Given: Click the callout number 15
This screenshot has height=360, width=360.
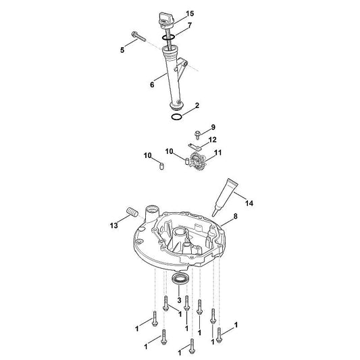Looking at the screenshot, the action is pyautogui.click(x=190, y=14).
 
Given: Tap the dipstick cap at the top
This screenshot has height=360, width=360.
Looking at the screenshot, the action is pyautogui.click(x=166, y=20).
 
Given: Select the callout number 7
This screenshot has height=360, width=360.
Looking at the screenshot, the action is pyautogui.click(x=189, y=26).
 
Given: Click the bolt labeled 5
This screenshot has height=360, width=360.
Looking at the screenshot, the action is pyautogui.click(x=138, y=36).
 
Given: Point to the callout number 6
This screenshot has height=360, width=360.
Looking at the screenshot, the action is pyautogui.click(x=152, y=84).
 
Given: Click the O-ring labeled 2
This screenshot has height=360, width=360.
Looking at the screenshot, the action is pyautogui.click(x=177, y=117).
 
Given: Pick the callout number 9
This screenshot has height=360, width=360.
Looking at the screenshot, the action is pyautogui.click(x=213, y=127).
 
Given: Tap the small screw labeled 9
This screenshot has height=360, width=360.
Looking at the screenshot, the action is pyautogui.click(x=197, y=134).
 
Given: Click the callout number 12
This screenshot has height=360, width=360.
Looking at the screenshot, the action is pyautogui.click(x=212, y=140).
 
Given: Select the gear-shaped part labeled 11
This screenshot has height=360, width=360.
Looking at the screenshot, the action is pyautogui.click(x=197, y=160).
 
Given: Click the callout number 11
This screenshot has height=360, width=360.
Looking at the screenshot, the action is pyautogui.click(x=217, y=153).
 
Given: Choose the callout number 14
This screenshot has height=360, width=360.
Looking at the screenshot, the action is pyautogui.click(x=249, y=203).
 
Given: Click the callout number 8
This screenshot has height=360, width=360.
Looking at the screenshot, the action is pyautogui.click(x=235, y=216).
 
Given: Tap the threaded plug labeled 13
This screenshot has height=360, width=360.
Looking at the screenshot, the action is pyautogui.click(x=132, y=212).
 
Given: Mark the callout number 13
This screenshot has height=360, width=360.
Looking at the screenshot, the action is pyautogui.click(x=113, y=226).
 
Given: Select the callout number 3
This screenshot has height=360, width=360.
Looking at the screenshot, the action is pyautogui.click(x=179, y=300).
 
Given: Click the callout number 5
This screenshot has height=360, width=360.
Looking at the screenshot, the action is pyautogui.click(x=122, y=50).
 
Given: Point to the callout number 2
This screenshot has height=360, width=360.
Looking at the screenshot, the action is pyautogui.click(x=197, y=105).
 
